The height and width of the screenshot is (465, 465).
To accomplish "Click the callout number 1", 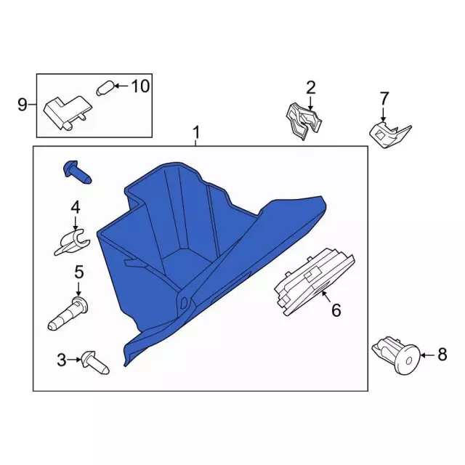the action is click(196, 132).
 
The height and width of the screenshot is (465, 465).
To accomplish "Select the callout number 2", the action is click(310, 88).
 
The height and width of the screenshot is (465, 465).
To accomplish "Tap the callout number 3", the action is click(62, 360).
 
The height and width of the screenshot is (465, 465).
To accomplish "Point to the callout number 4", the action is click(76, 207).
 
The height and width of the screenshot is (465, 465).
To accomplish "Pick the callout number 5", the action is click(79, 272).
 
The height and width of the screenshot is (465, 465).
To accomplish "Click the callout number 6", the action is click(336, 310).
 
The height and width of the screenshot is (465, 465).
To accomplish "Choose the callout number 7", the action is click(384, 98).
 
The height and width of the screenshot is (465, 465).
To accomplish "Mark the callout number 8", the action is click(442, 355).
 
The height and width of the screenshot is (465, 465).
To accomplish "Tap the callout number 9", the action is click(23, 105).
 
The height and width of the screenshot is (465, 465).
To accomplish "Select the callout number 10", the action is click(140, 86).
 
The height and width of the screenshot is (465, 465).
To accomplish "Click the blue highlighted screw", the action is click(78, 172).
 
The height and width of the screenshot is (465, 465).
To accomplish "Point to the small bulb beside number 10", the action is click(105, 88).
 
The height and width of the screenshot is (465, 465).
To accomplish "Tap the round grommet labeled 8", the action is click(396, 355).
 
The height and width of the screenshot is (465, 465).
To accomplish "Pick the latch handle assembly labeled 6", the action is click(315, 281).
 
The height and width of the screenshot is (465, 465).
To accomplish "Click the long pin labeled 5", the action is click(68, 313).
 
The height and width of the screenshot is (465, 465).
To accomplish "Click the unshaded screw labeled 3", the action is click(95, 363).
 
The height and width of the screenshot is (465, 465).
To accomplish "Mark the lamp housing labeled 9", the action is click(68, 113).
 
